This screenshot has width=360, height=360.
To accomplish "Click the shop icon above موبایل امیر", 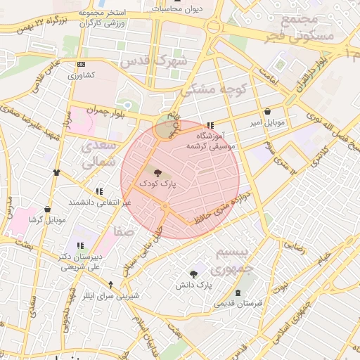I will pos(268,112).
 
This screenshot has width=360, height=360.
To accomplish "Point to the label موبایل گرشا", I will pos(47,219).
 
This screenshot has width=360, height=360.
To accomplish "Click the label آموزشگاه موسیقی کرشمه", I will pos(214,141).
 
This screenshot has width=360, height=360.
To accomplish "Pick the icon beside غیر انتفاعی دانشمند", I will pos(98,191).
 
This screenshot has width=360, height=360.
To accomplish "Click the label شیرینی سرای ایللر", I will pos(111,296).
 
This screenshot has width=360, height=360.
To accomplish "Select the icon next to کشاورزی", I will pos(80,64).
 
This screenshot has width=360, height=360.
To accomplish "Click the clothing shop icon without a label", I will pos(56,172).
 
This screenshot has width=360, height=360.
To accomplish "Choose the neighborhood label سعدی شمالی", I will pos(97,155).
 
